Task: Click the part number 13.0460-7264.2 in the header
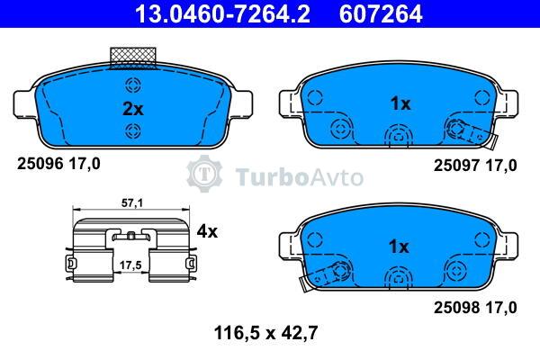point(222,13)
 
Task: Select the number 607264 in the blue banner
point(381,13)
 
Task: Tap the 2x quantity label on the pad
point(133,109)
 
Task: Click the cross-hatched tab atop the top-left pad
point(133,58)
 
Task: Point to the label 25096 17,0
point(58,164)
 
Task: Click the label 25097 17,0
point(475,166)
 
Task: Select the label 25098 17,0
point(475,307)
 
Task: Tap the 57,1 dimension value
point(132,203)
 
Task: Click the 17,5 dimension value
point(130,265)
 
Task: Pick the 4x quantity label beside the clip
point(207,231)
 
